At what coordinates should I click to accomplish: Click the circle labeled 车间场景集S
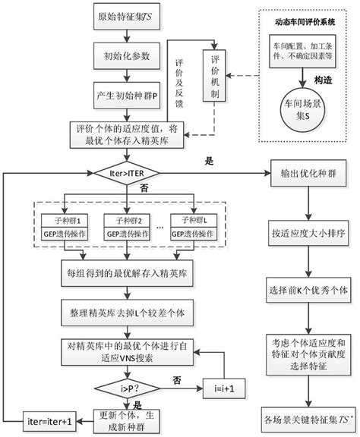pos(302,112)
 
